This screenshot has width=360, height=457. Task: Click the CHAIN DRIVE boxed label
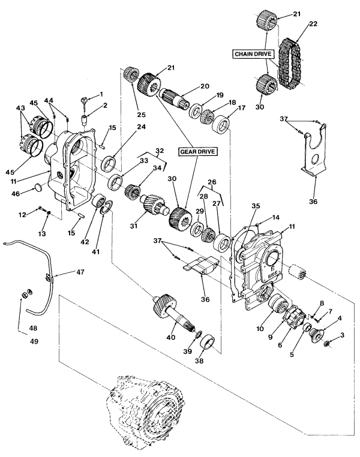coord(253,54)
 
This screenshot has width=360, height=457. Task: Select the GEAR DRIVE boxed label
coord(197,152)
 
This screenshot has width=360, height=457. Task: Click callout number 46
coord(16,193)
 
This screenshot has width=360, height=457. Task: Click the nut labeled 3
coord(326,344)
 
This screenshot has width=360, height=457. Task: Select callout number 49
coord(34,341)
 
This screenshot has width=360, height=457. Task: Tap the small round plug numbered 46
coord(38,187)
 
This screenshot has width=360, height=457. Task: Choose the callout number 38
coord(200,361)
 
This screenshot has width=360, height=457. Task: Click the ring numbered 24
coord(109,163)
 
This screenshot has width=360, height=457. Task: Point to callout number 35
coord(256,206)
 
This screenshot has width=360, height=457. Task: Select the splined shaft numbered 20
coord(175,98)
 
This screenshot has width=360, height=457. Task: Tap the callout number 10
coord(260,329)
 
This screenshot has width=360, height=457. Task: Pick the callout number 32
coord(160,151)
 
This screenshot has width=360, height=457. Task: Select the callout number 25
coord(142,115)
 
